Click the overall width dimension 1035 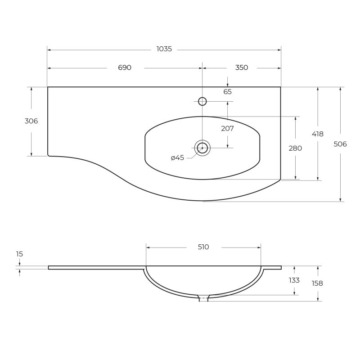[164, 49]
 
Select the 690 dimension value [125, 67]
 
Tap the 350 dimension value [242, 67]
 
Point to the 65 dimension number [228, 92]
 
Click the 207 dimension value [228, 129]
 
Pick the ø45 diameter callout [177, 158]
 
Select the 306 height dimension [31, 121]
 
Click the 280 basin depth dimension [295, 148]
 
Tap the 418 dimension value [318, 134]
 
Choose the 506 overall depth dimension [340, 144]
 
